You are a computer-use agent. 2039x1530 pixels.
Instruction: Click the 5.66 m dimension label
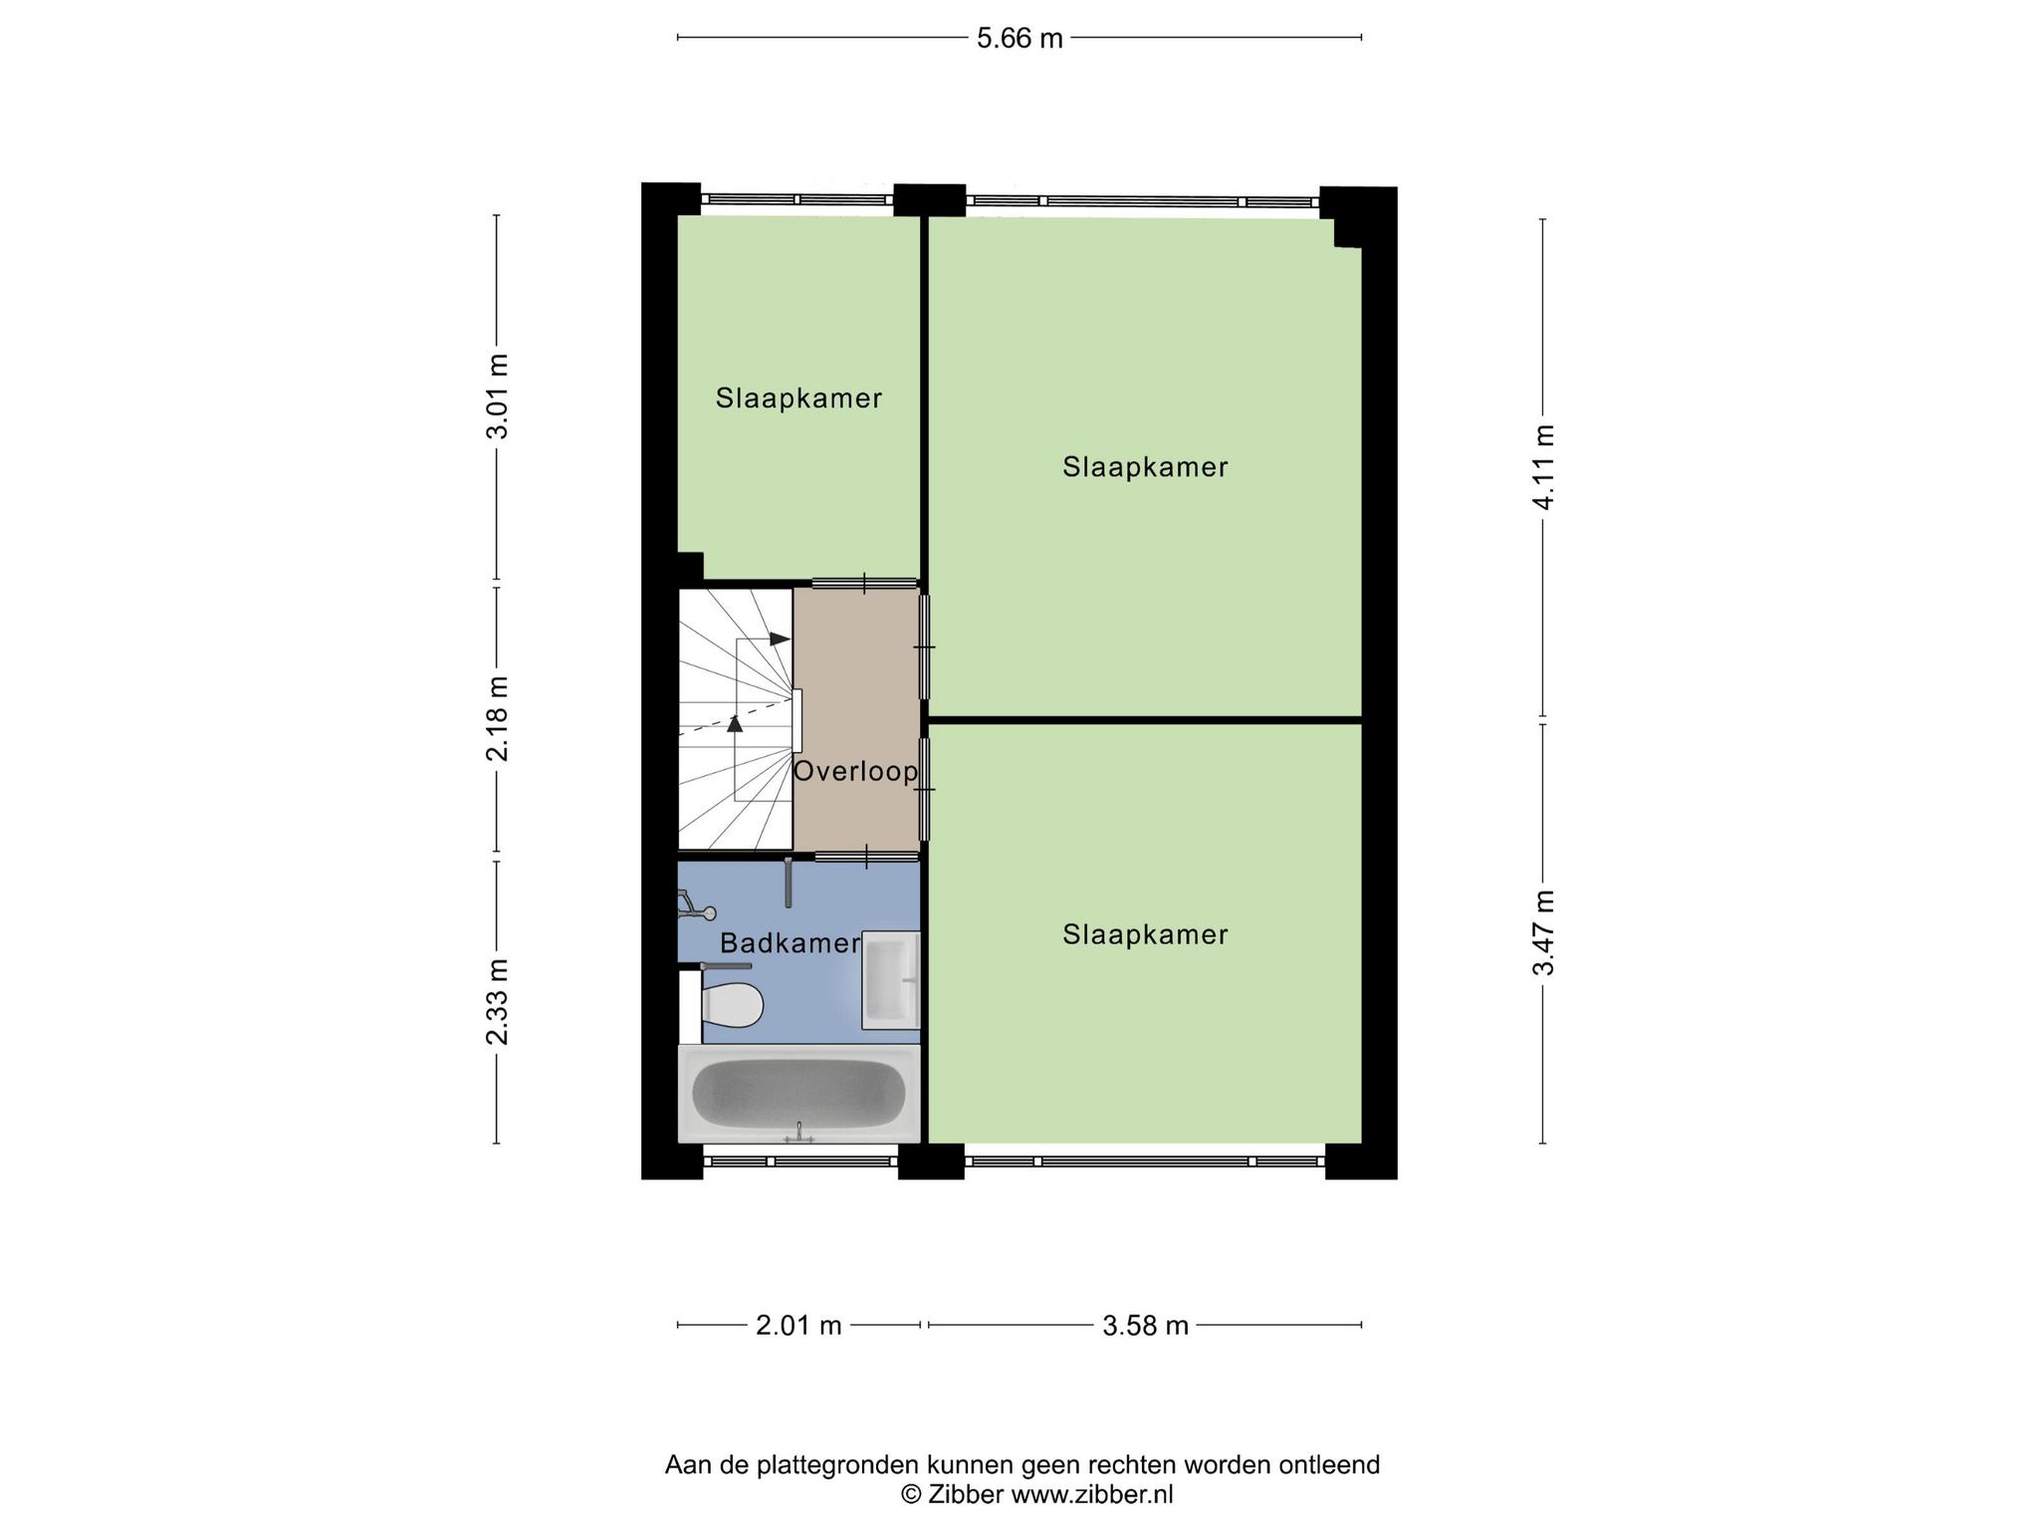[x=1019, y=39]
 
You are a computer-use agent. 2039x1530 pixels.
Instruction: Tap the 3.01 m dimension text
[x=497, y=395]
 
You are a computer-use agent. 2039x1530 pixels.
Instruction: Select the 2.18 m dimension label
[x=497, y=718]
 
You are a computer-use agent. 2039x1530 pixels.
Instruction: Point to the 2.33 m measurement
[x=497, y=1002]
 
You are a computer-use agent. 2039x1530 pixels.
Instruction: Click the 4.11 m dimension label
[x=1543, y=467]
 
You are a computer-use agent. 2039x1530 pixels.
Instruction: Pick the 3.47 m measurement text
[x=1543, y=933]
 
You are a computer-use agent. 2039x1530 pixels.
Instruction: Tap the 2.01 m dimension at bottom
[x=798, y=1326]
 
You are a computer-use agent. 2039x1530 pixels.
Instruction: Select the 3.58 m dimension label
[x=1146, y=1326]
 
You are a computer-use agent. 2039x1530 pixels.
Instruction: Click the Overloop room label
[x=855, y=772]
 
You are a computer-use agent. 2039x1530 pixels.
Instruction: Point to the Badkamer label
[x=791, y=943]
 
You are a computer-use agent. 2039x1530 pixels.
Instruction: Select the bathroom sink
[x=890, y=980]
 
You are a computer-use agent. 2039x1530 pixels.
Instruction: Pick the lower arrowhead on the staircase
[x=735, y=724]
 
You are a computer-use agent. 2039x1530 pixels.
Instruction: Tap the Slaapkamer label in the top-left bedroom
[x=798, y=398]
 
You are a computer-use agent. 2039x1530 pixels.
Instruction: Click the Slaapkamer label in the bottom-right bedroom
[x=1145, y=934]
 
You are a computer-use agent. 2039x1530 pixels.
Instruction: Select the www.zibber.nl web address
[x=1092, y=1494]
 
